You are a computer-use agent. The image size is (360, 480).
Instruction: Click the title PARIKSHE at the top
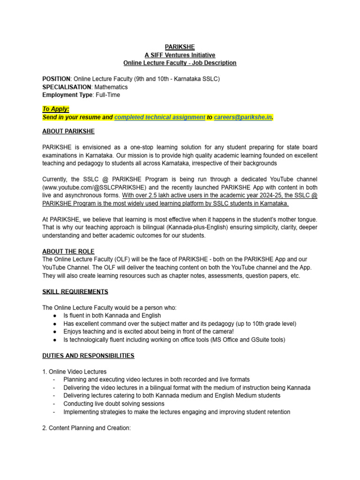tap(180, 47)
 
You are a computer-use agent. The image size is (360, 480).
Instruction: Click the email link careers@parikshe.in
tap(243, 117)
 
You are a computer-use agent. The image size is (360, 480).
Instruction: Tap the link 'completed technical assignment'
tap(159, 117)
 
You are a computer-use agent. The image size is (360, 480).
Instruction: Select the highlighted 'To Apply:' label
tap(56, 109)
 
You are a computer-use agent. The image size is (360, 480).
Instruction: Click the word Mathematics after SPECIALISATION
tap(110, 87)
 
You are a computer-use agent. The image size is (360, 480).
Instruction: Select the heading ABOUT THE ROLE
tap(68, 252)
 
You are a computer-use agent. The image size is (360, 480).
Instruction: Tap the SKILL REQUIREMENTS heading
tap(75, 292)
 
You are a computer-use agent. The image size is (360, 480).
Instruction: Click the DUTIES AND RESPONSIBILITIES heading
tap(88, 356)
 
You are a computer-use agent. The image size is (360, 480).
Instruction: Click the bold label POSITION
tap(56, 79)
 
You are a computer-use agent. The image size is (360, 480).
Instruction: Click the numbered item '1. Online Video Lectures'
tap(74, 372)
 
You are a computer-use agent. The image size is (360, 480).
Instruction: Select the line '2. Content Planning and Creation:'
tap(87, 428)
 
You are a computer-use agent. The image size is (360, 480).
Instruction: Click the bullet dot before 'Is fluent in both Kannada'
tap(55, 316)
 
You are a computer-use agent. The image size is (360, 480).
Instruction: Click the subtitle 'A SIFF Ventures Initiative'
tap(180, 55)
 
